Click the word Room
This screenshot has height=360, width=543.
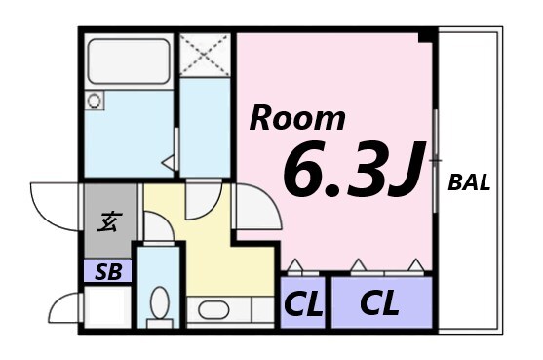coord(297,118)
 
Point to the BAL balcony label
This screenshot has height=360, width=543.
coord(468,182)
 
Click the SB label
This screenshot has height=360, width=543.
coord(107,272)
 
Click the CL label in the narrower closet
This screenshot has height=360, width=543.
coord(302,304)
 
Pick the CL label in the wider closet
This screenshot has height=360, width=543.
coord(379,303)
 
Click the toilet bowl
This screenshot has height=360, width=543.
coord(159,303)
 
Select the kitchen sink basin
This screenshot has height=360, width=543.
coord(209,311)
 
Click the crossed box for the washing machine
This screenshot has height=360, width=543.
coord(205,55)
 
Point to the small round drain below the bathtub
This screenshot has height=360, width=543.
coord(95,100)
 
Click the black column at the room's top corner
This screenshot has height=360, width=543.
coord(425,36)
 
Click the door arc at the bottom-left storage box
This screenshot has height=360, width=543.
coord(64,308)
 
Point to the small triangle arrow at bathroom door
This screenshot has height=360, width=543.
coord(168,162)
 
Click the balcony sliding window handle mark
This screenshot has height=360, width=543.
coord(435,158)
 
